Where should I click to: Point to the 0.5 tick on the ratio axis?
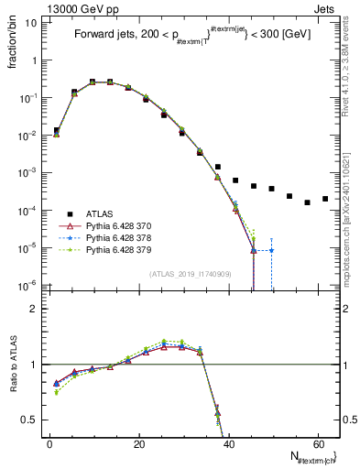[29, 420]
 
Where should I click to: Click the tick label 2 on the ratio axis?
[34, 309]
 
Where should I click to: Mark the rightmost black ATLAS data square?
[325, 199]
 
